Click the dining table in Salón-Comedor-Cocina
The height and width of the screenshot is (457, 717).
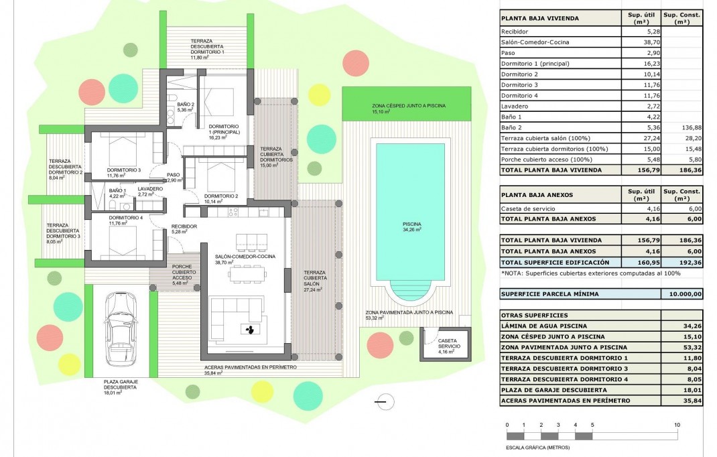coord(251,273)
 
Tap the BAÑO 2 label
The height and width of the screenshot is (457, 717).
coord(186,105)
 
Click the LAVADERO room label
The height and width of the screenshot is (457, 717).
coord(150,190)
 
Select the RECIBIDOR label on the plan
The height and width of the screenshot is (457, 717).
coord(184,226)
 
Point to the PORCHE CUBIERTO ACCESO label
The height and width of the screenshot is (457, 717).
coord(183,271)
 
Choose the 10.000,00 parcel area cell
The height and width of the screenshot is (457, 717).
coord(681,293)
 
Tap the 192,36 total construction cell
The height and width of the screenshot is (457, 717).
coord(681,262)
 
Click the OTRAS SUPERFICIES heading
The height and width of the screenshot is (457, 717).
coord(534,315)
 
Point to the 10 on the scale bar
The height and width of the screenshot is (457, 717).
coord(677,425)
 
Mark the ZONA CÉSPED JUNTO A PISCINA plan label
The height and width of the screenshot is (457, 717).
coord(409,106)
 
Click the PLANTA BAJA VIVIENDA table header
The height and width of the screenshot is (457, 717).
coord(540,18)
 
